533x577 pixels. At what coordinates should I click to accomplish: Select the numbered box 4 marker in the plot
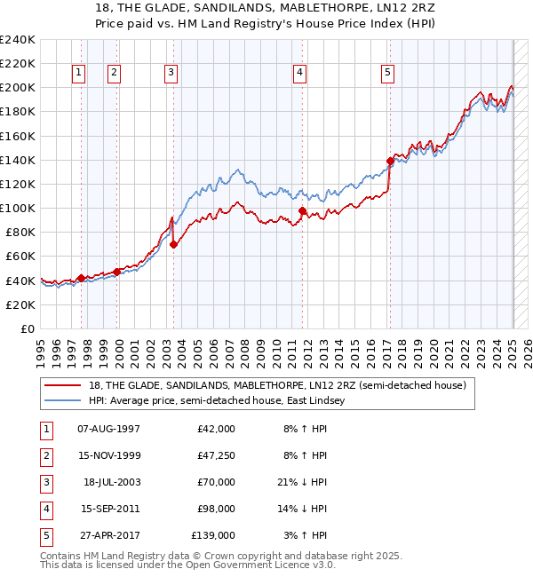tap(300, 73)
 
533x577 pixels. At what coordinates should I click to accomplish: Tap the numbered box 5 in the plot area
tap(388, 73)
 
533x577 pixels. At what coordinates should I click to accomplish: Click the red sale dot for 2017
tap(390, 161)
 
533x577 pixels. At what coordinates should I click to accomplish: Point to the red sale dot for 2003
tap(173, 245)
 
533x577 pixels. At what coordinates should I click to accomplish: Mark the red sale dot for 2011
tap(302, 210)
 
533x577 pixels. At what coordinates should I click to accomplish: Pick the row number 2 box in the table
tap(44, 455)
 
